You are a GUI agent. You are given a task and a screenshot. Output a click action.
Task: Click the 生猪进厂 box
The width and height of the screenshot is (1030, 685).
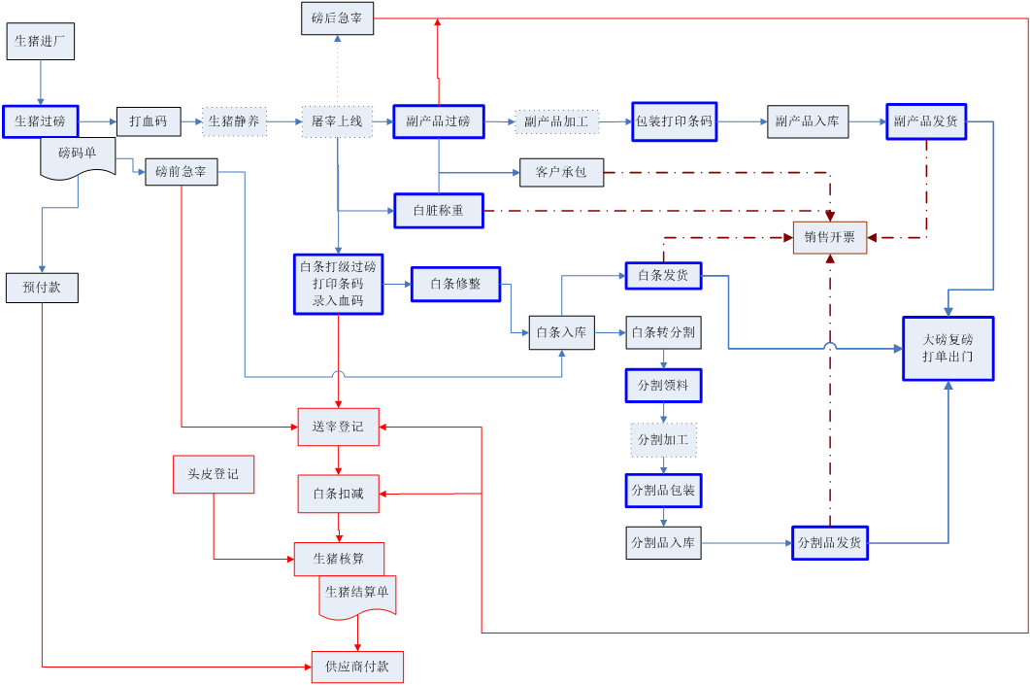point(41,42)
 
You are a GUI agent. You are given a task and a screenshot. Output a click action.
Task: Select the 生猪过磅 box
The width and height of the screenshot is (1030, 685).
point(40,121)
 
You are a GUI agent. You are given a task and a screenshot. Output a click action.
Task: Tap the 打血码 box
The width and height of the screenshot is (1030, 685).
point(149,121)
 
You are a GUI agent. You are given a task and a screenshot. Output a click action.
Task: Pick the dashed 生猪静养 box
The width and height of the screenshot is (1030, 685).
point(234,121)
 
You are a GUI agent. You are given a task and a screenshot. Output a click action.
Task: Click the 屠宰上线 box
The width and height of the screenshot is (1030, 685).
point(337,121)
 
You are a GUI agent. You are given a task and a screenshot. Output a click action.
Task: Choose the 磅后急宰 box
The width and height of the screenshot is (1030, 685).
point(337,17)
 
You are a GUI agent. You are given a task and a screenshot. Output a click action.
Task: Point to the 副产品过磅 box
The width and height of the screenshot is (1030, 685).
point(438,121)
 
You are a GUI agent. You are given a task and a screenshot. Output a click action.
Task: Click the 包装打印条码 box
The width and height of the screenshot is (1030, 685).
point(674,121)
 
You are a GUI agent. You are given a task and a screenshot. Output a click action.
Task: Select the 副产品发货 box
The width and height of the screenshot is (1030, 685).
point(925,121)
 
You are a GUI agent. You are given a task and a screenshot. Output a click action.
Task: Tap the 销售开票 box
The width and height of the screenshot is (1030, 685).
point(830,237)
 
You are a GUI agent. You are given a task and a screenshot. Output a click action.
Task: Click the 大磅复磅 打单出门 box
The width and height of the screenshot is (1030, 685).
point(947,349)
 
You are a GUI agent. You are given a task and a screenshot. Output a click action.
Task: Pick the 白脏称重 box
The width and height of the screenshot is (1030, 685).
point(438,211)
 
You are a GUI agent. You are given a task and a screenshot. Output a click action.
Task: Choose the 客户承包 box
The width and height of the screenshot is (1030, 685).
point(561,173)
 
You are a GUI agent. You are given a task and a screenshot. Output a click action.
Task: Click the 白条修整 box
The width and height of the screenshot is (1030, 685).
point(455,284)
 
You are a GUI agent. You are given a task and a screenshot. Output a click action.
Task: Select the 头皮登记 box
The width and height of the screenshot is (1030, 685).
point(214,474)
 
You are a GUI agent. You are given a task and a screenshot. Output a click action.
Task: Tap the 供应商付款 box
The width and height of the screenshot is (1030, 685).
point(357,667)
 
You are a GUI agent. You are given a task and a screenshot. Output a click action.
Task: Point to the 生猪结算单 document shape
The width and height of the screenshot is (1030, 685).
point(357,595)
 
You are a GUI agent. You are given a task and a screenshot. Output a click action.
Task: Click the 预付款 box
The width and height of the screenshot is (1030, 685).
point(41,288)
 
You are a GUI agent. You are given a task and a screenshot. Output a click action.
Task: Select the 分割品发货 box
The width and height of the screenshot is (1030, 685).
point(829,542)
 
